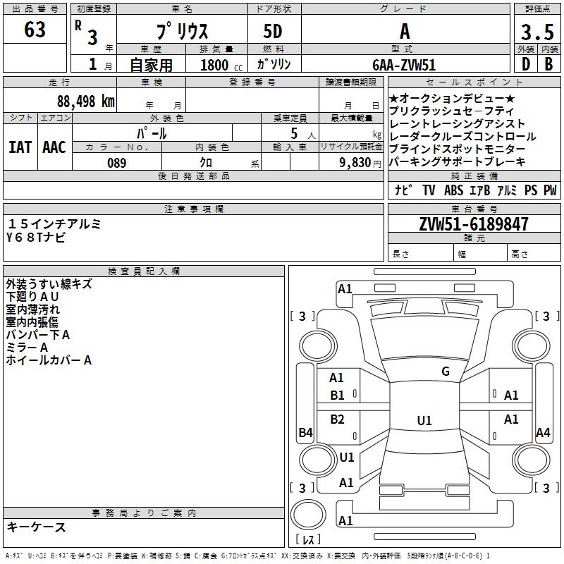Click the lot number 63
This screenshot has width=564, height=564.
35,30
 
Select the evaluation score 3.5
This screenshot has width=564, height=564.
536,32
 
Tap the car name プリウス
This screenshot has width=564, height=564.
180,32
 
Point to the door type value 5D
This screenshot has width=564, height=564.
273,32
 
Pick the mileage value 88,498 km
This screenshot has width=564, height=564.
85,102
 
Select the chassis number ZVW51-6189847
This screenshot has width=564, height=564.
473,224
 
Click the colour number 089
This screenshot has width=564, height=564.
117,163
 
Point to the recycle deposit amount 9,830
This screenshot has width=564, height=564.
355,163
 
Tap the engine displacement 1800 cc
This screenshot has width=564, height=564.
215,66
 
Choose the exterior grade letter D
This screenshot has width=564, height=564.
525,65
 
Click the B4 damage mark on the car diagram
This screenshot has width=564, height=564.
305,433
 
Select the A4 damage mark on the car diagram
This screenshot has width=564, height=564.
543,433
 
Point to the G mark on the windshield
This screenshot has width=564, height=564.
446,372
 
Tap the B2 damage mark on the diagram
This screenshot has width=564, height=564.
338,419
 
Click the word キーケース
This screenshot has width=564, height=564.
36,527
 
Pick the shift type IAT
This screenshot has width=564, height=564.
19,147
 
